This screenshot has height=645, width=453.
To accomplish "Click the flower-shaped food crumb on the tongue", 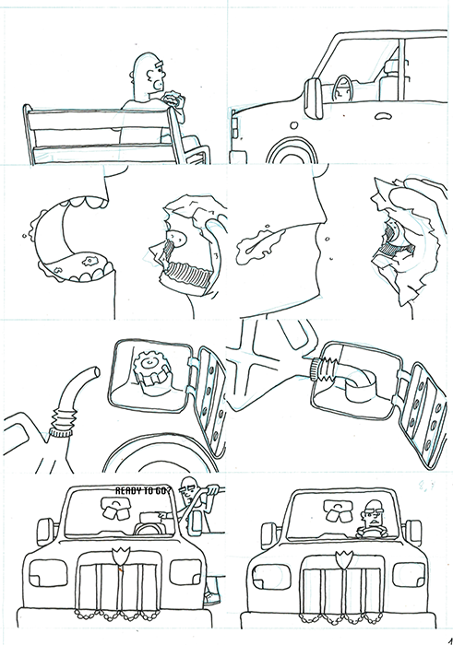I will (x=89, y=261).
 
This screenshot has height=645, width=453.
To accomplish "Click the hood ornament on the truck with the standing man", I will (x=117, y=555).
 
